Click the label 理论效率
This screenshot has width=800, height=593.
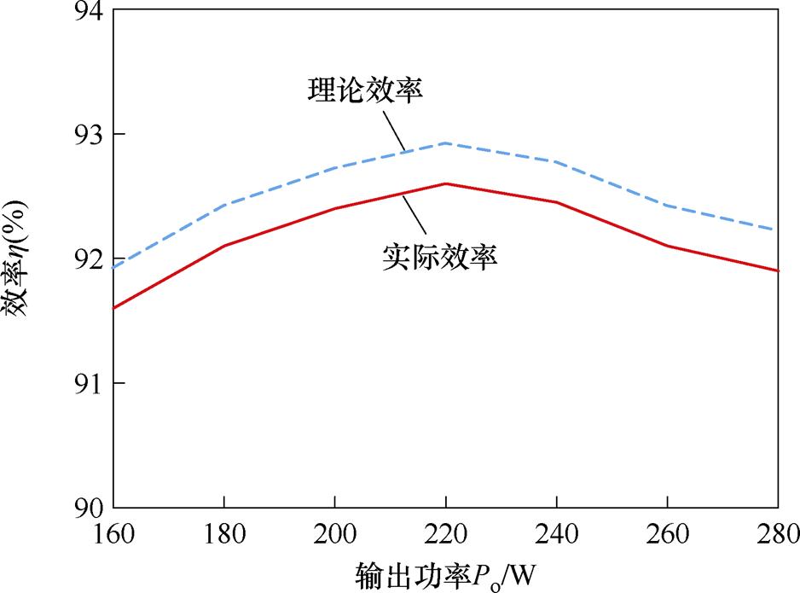pos(364,90)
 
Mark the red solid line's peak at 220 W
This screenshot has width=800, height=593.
pos(445,183)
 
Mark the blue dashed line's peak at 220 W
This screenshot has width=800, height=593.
pos(445,143)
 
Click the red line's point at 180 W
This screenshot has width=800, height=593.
pos(223,246)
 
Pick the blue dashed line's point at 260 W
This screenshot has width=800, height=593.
pos(667,206)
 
